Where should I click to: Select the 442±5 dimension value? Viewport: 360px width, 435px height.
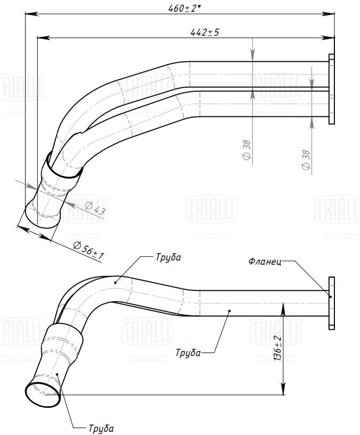click(205, 33)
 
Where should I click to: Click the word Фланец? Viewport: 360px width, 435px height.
click(262, 262)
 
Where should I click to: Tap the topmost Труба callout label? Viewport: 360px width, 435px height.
click(169, 257)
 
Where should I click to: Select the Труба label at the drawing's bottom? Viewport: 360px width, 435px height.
click(101, 428)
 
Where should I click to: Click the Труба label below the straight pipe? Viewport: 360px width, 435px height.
click(188, 352)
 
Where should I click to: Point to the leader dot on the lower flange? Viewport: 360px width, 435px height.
click(331, 297)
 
